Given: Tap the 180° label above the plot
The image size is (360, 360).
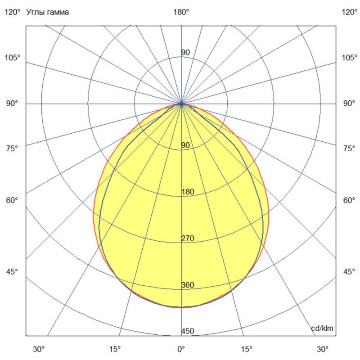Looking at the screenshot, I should point(181,12).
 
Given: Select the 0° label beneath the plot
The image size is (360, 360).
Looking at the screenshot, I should point(181,349).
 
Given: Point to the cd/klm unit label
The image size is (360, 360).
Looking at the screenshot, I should point(323,328).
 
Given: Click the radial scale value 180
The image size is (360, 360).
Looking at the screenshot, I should point(187,192).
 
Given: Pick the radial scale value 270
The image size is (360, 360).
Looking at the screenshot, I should point(187,238).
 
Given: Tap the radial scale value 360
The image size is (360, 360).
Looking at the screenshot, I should point(187,285).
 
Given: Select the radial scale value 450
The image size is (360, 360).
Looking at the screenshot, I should point(187,332).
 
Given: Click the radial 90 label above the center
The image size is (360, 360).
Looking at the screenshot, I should point(185,53).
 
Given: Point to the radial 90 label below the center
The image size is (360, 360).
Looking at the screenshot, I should point(185,145).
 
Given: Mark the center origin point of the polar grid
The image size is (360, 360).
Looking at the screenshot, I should point(181,103).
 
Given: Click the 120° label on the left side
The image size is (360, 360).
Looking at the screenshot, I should point(12,12).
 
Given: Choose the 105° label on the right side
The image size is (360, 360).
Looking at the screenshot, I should point(350,58).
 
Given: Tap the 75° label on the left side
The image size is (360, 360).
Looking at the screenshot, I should point(12,148).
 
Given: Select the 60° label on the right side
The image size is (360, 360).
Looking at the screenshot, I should point(350,200).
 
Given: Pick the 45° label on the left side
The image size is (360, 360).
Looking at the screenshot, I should point(12,271).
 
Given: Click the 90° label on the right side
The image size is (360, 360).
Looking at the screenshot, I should point(350,103).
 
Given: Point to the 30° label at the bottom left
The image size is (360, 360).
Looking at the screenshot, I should point(39,349).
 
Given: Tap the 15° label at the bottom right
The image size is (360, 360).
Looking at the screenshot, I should point(246,349).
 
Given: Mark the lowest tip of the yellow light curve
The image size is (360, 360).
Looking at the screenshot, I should point(181,308).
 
